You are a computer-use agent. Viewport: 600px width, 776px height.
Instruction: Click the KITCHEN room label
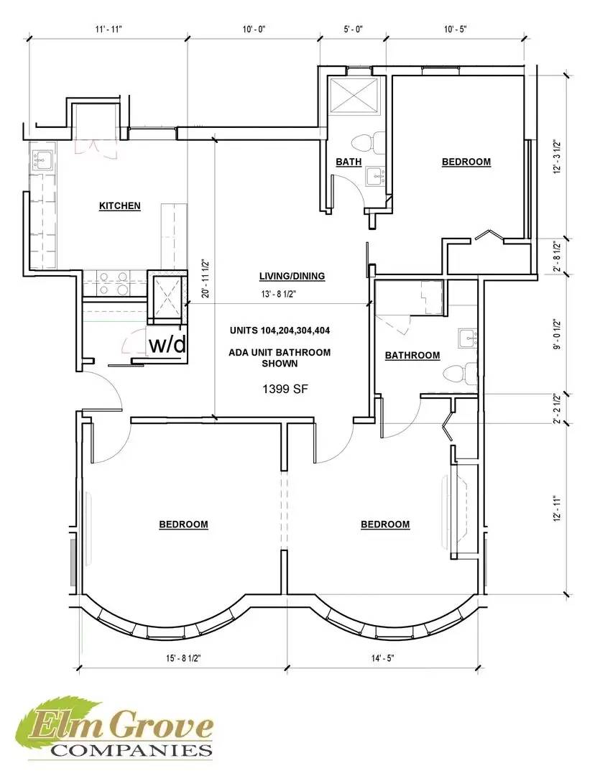[120, 206]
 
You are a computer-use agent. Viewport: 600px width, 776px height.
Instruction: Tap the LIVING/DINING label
[292, 276]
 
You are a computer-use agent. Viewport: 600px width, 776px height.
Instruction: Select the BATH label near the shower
[349, 162]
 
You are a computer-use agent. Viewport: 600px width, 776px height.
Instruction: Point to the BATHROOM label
[412, 356]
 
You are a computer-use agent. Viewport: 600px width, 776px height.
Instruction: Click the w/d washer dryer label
[168, 344]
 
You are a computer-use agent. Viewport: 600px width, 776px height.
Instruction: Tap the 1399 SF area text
[285, 389]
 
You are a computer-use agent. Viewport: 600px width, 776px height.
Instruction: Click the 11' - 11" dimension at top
[109, 29]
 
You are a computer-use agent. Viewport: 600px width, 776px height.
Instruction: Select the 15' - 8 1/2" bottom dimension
[183, 658]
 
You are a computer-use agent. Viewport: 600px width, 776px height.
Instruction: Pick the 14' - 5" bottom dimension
[382, 658]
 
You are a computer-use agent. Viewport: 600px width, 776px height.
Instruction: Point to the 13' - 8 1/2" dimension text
[279, 294]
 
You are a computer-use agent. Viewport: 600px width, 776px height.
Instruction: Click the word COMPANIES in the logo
[132, 749]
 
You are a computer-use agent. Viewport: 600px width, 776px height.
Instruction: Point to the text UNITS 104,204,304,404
[280, 331]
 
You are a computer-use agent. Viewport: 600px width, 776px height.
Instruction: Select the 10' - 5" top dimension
[455, 29]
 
